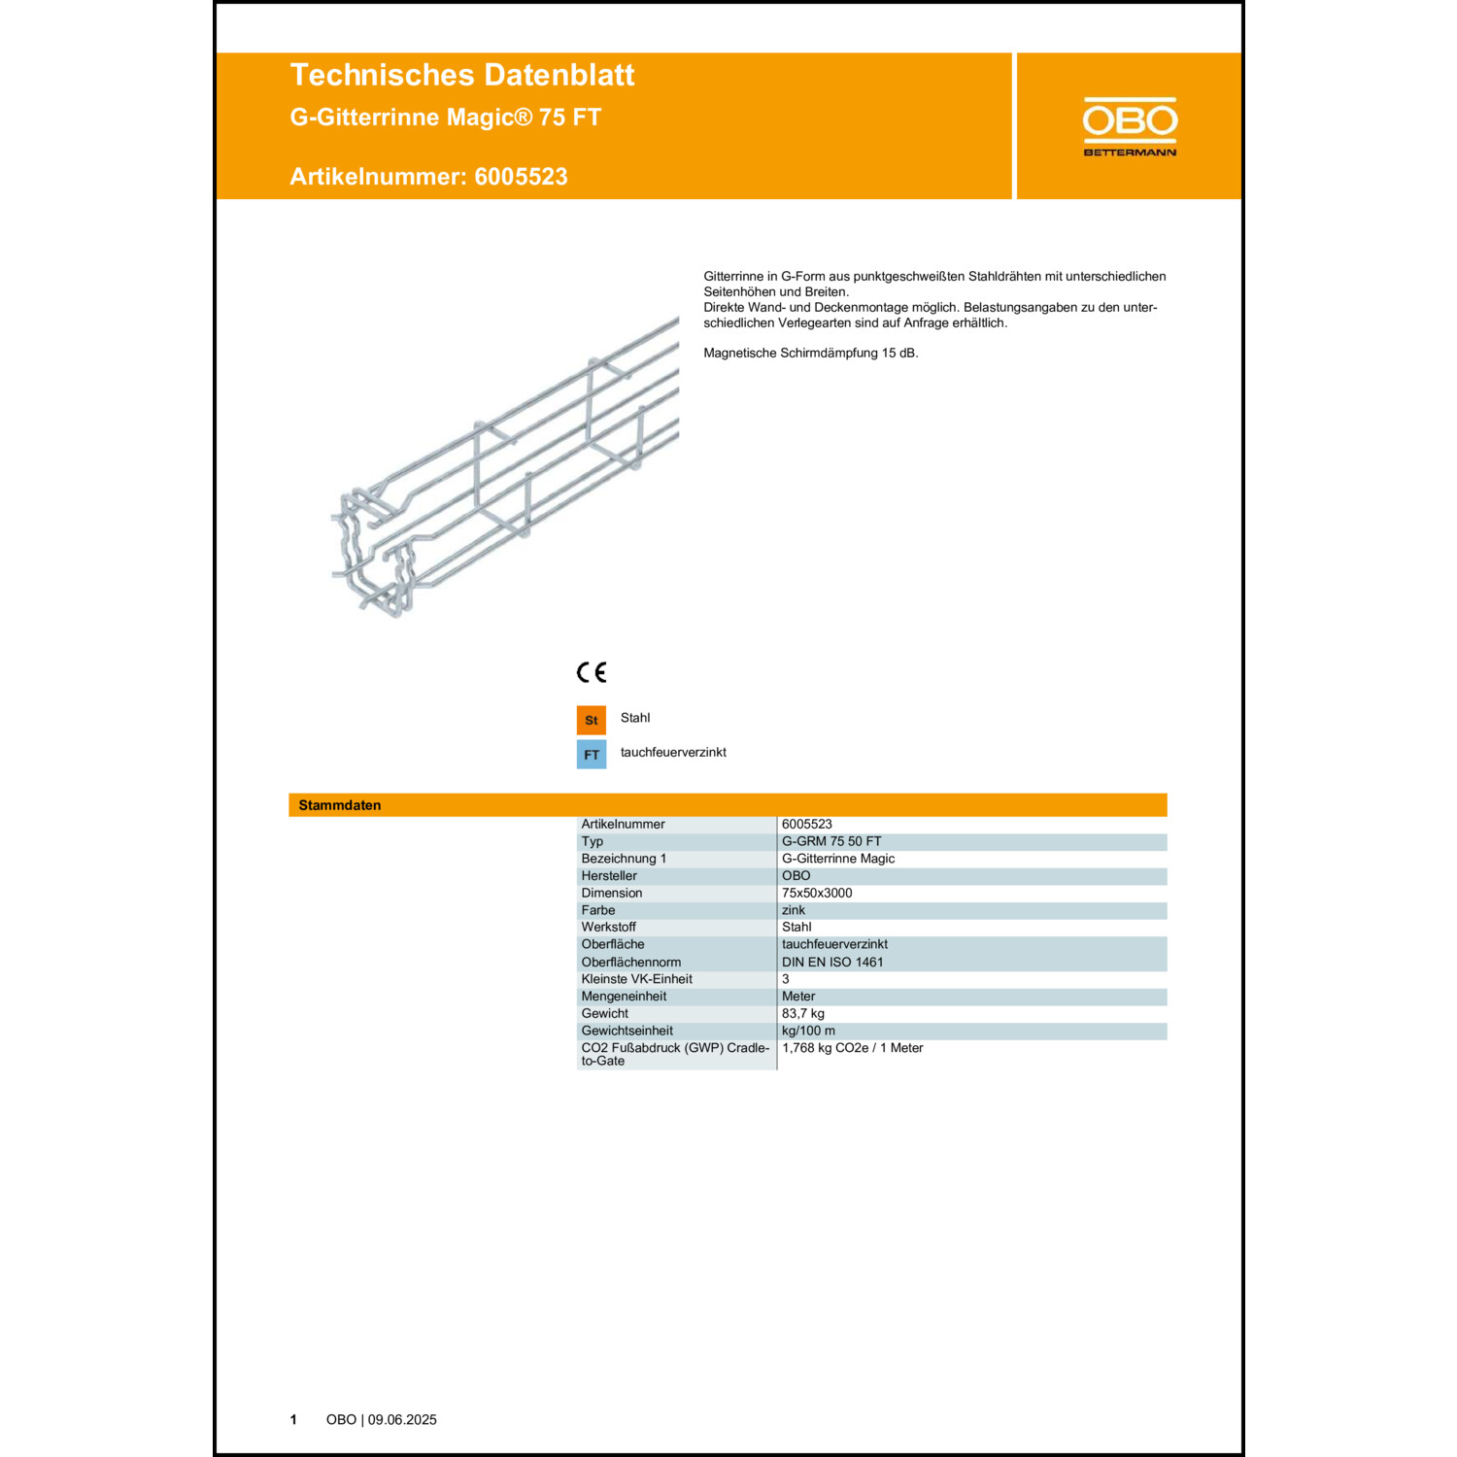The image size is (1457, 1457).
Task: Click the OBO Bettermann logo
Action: point(1130,126)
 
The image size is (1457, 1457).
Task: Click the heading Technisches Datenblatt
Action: point(461,75)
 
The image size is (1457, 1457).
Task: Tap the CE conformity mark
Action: point(591,672)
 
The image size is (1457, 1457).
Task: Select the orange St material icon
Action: point(591,720)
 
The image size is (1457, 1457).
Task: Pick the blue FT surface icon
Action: point(591,755)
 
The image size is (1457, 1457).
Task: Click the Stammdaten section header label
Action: point(340,805)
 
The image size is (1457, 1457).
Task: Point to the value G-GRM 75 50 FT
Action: point(831,841)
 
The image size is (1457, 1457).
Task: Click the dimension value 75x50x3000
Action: point(817,893)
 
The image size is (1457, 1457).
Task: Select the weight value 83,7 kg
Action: point(803,1013)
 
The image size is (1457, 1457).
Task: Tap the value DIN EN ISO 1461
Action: point(832,962)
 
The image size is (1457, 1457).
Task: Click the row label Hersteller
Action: point(609,875)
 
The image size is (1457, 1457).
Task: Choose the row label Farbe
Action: point(598,910)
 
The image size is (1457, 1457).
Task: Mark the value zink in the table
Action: point(794,910)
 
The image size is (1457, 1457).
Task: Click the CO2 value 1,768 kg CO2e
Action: point(852,1048)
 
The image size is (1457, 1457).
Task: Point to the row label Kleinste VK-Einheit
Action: point(636,979)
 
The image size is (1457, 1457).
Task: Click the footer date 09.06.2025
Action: point(402,1419)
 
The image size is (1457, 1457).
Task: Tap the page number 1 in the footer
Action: point(293,1419)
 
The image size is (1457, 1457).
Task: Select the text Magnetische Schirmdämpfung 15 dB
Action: point(810,353)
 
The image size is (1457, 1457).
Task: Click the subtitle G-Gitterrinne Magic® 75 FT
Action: point(446,118)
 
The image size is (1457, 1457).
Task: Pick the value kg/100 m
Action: point(808,1031)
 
